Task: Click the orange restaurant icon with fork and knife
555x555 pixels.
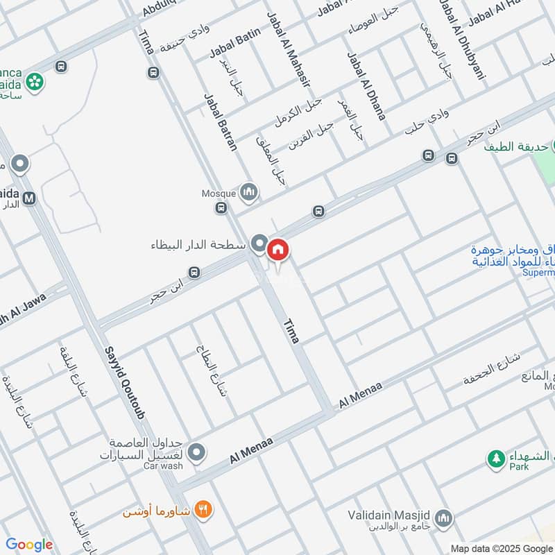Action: pos(203,509)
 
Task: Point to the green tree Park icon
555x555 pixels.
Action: pos(495,459)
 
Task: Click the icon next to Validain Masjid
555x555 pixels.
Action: pos(444,518)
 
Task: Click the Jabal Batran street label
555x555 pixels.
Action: pos(220,121)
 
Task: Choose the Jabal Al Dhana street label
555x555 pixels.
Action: pos(366,86)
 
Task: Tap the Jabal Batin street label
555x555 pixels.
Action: pos(235,42)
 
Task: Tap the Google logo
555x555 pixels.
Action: pos(28,545)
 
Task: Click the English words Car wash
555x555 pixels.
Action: pos(163,466)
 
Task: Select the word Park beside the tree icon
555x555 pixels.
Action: pos(517,467)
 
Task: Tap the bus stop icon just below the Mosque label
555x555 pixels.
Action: pos(221,207)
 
